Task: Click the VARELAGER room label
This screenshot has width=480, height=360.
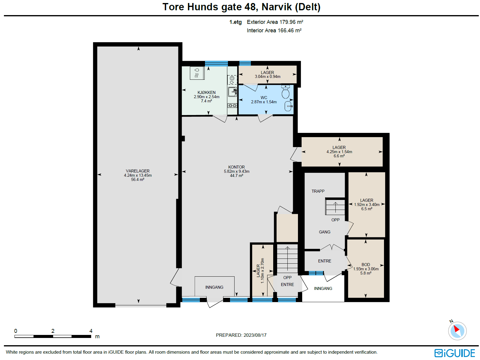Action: pyautogui.click(x=138, y=171)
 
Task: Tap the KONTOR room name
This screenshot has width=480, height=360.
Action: pyautogui.click(x=236, y=167)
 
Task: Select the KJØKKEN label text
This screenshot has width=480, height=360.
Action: pyautogui.click(x=206, y=92)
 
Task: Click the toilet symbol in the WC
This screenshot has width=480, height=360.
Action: pyautogui.click(x=285, y=92)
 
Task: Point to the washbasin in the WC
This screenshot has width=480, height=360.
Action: pyautogui.click(x=288, y=106)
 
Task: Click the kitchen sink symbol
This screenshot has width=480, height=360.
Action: pyautogui.click(x=232, y=92)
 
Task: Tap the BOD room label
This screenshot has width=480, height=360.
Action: pyautogui.click(x=366, y=265)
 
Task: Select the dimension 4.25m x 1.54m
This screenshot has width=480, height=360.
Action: pyautogui.click(x=339, y=152)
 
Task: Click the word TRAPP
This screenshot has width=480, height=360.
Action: pyautogui.click(x=318, y=191)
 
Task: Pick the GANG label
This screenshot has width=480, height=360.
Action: pyautogui.click(x=325, y=232)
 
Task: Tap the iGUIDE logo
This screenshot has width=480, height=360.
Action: pyautogui.click(x=455, y=353)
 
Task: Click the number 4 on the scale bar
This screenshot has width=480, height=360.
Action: pyautogui.click(x=91, y=331)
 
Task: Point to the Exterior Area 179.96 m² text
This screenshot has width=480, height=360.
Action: pyautogui.click(x=275, y=22)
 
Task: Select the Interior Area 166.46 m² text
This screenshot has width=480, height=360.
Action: pyautogui.click(x=274, y=31)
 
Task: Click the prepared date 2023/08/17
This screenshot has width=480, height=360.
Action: pyautogui.click(x=255, y=335)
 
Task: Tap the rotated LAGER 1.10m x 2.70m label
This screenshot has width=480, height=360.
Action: pyautogui.click(x=260, y=271)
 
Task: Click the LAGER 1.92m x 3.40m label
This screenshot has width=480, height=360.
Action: pyautogui.click(x=366, y=200)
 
